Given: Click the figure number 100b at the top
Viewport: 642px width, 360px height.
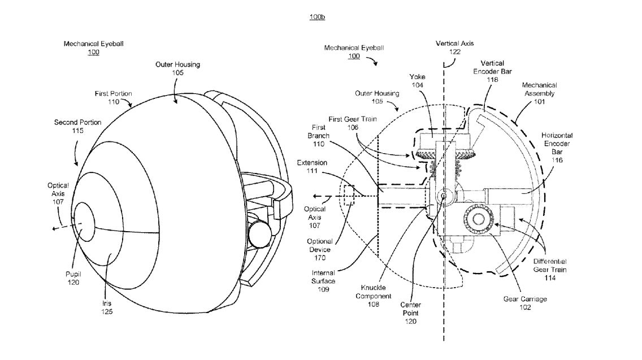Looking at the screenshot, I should pos(317,18).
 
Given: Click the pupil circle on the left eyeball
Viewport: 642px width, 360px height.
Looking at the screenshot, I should pos(85,222).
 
